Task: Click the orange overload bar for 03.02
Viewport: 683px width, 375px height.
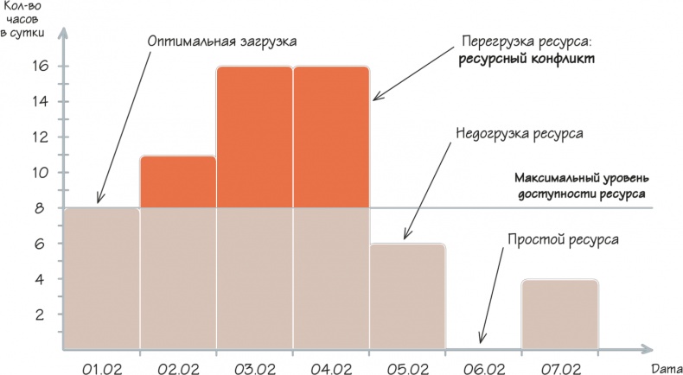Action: pyautogui.click(x=254, y=137)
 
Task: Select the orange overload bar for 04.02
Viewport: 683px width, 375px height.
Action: pyautogui.click(x=331, y=137)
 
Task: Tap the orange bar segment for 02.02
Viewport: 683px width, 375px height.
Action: pyautogui.click(x=177, y=181)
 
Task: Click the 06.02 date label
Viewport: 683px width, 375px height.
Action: pyautogui.click(x=483, y=370)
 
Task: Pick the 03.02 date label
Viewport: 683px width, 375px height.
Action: pyautogui.click(x=254, y=370)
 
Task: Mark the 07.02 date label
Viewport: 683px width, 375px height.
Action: pyautogui.click(x=559, y=370)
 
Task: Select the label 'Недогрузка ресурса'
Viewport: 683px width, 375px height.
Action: pyautogui.click(x=519, y=135)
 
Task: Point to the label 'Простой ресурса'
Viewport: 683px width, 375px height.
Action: pyautogui.click(x=562, y=238)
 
